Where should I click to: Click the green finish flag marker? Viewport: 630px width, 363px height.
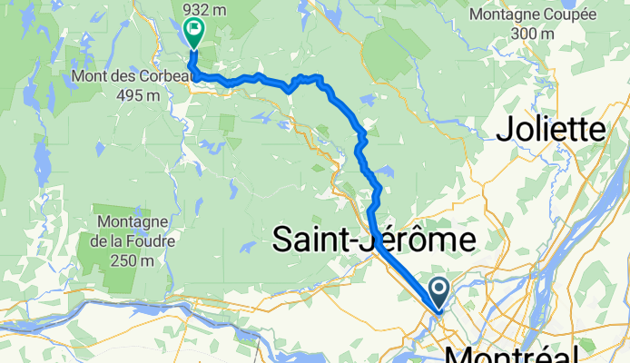pyautogui.click(x=193, y=33)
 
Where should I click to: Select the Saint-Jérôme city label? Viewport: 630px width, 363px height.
pyautogui.click(x=375, y=240)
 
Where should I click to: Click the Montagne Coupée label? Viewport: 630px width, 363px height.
pyautogui.click(x=534, y=15)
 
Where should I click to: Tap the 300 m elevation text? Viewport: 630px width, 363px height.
pyautogui.click(x=532, y=34)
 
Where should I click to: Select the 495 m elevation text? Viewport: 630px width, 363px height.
pyautogui.click(x=128, y=95)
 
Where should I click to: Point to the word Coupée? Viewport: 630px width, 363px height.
pyautogui.click(x=567, y=15)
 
